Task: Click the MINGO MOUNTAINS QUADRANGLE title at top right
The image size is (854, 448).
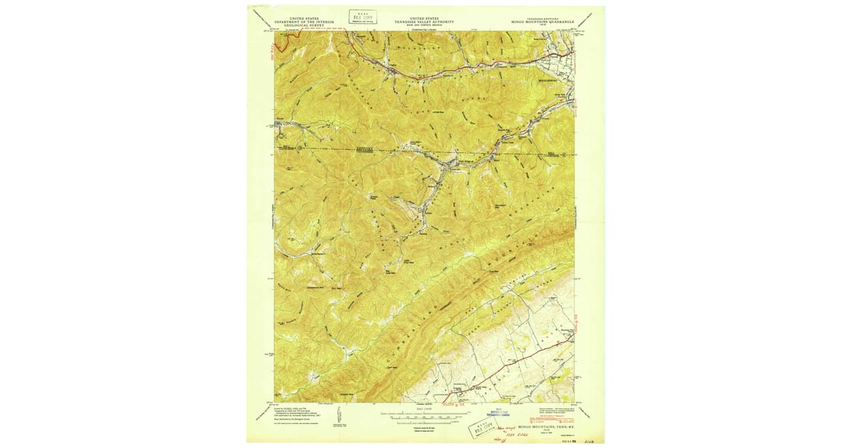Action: pos(544,22)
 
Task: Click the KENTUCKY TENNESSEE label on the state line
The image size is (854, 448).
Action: pos(364,151)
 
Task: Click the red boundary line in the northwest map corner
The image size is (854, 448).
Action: pos(281,44)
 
